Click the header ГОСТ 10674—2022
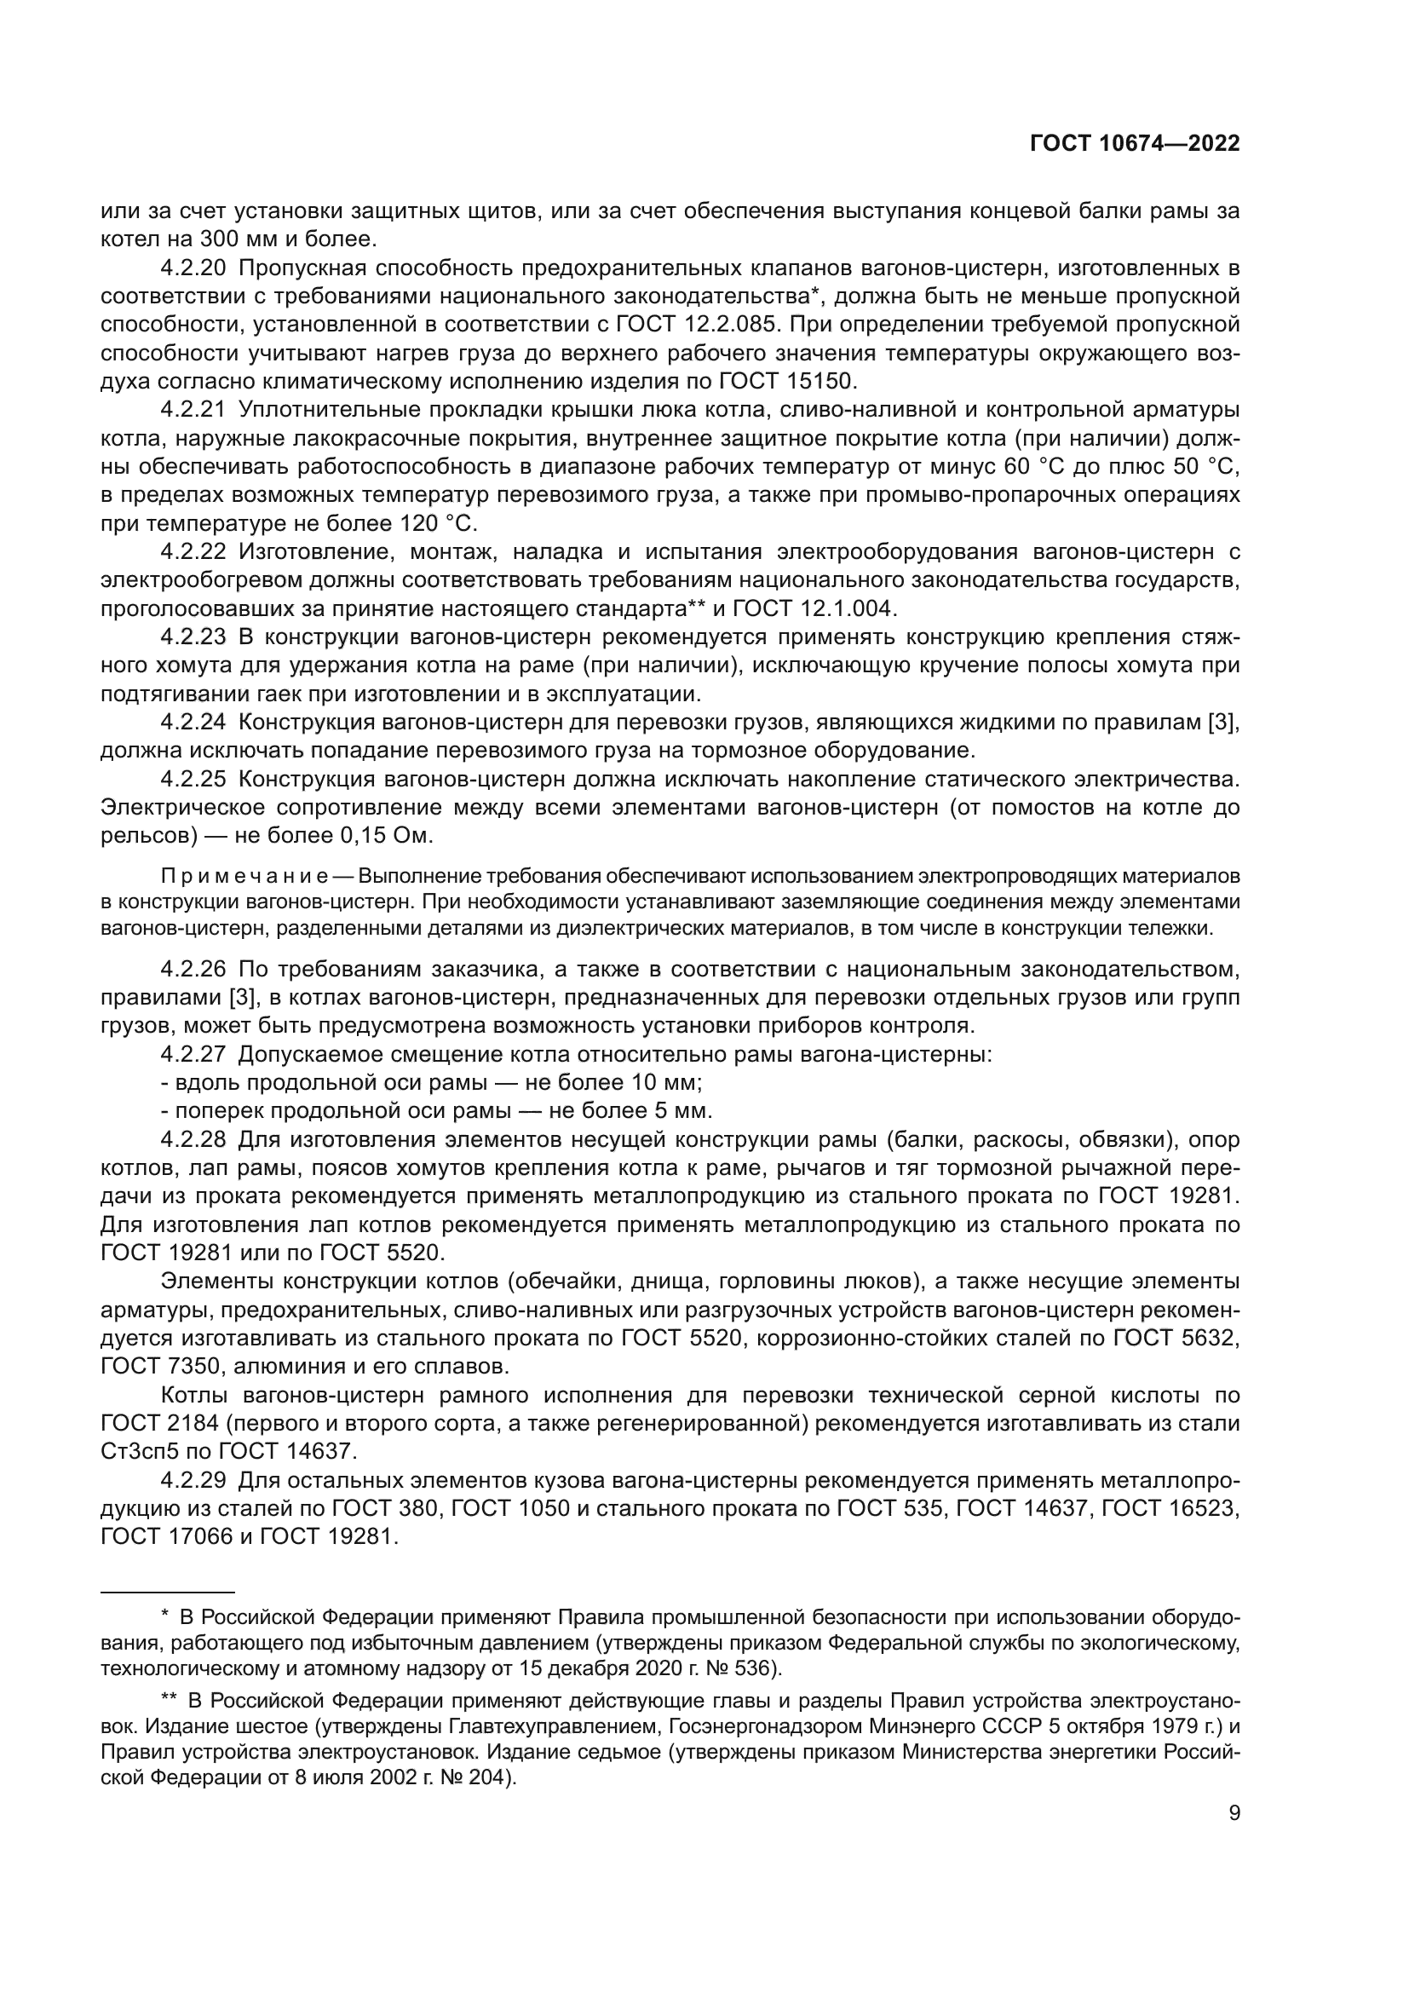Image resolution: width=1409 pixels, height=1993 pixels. (1134, 143)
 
